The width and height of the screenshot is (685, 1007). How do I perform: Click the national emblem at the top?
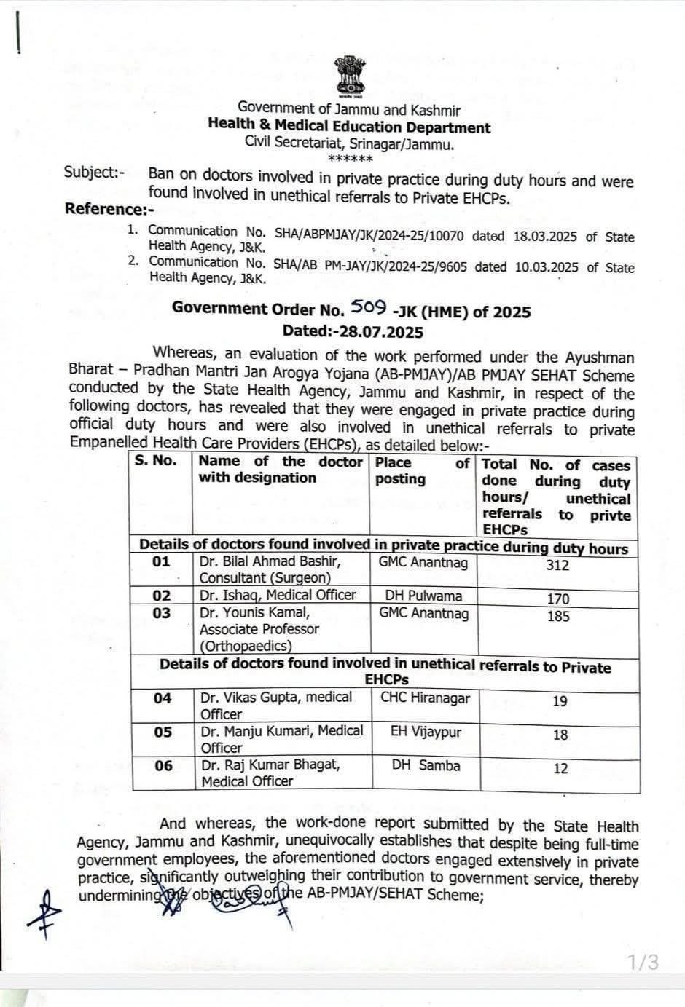point(349,76)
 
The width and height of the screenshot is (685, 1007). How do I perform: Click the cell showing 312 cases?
point(557,566)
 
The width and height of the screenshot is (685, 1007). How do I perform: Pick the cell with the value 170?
point(557,599)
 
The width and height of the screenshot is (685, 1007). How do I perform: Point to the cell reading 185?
point(557,616)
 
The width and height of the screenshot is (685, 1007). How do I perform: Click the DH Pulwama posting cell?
point(423,596)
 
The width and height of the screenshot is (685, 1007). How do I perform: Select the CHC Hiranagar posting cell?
point(425,698)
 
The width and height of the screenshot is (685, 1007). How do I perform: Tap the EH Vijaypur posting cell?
point(426,732)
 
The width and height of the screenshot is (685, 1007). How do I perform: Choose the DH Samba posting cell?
point(426,765)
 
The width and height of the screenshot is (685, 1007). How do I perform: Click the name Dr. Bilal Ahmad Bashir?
point(270,561)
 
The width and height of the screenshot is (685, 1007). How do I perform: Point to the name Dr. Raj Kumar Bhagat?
point(270,765)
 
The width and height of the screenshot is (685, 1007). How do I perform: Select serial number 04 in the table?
point(163,698)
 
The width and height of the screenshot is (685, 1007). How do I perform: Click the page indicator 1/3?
point(643,962)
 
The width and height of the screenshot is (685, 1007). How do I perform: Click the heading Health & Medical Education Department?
point(349,127)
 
